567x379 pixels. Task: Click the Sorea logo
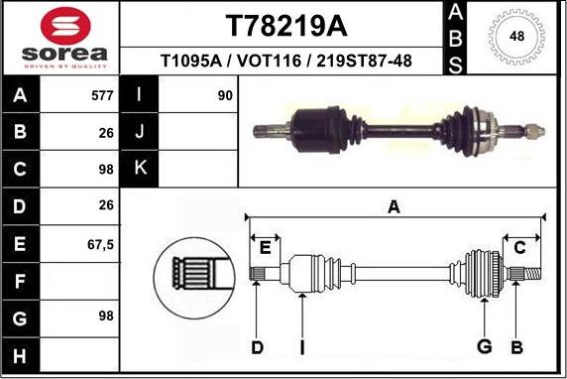[x=59, y=38]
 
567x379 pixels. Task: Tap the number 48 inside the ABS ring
[x=516, y=37]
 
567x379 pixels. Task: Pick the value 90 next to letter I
[x=224, y=96]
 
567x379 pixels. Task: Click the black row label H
[x=21, y=355]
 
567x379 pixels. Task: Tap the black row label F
[x=21, y=282]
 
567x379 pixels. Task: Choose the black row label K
[x=139, y=168]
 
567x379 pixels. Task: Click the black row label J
[x=139, y=132]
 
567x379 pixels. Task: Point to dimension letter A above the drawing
[x=394, y=207]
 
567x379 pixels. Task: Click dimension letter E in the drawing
[x=265, y=246]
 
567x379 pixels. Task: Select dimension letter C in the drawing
[x=518, y=246]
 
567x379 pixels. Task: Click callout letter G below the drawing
[x=484, y=346]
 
